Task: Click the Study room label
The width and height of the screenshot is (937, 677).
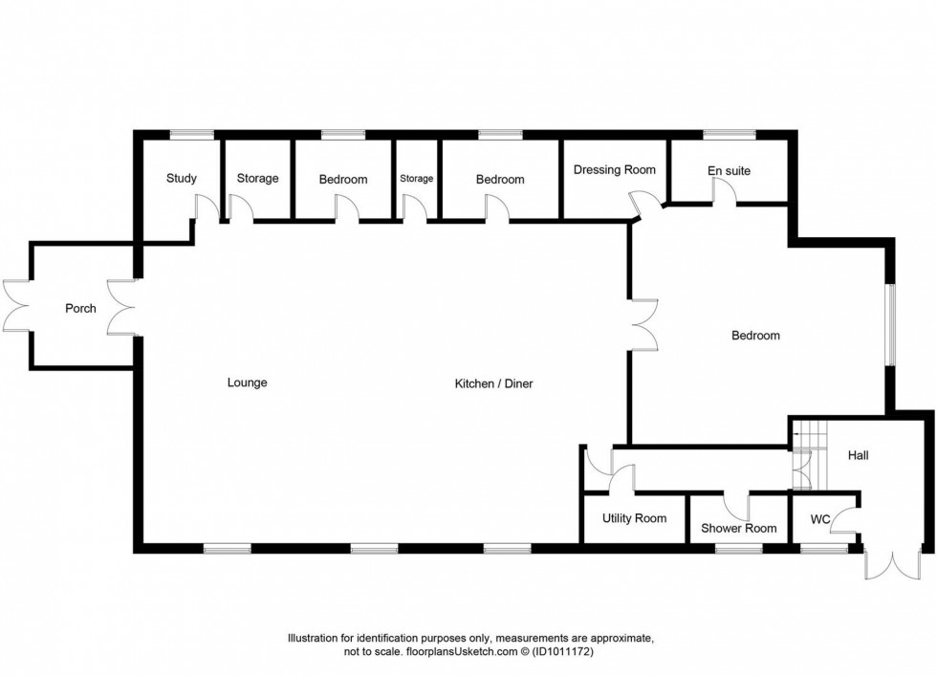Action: coord(181,178)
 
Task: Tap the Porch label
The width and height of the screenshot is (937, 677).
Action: coord(80,308)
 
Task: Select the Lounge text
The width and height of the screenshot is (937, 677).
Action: coord(247,382)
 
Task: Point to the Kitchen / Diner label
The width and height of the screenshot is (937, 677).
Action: coord(493,383)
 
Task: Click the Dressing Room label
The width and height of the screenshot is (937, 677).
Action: coord(614,170)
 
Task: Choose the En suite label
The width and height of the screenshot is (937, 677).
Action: coord(729,171)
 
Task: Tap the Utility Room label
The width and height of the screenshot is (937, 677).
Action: coord(634,518)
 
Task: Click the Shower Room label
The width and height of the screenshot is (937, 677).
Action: coord(738,528)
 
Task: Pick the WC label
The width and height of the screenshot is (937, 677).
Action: coord(820,521)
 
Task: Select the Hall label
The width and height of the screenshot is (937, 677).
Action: coord(858,456)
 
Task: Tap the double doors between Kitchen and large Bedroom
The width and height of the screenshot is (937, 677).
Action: coord(643,324)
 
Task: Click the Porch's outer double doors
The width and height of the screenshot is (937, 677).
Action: coord(16,306)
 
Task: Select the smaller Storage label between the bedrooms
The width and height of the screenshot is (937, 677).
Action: coord(416,179)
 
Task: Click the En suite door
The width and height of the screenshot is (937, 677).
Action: coord(723,192)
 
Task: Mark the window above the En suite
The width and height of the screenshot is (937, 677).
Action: coord(729,135)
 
